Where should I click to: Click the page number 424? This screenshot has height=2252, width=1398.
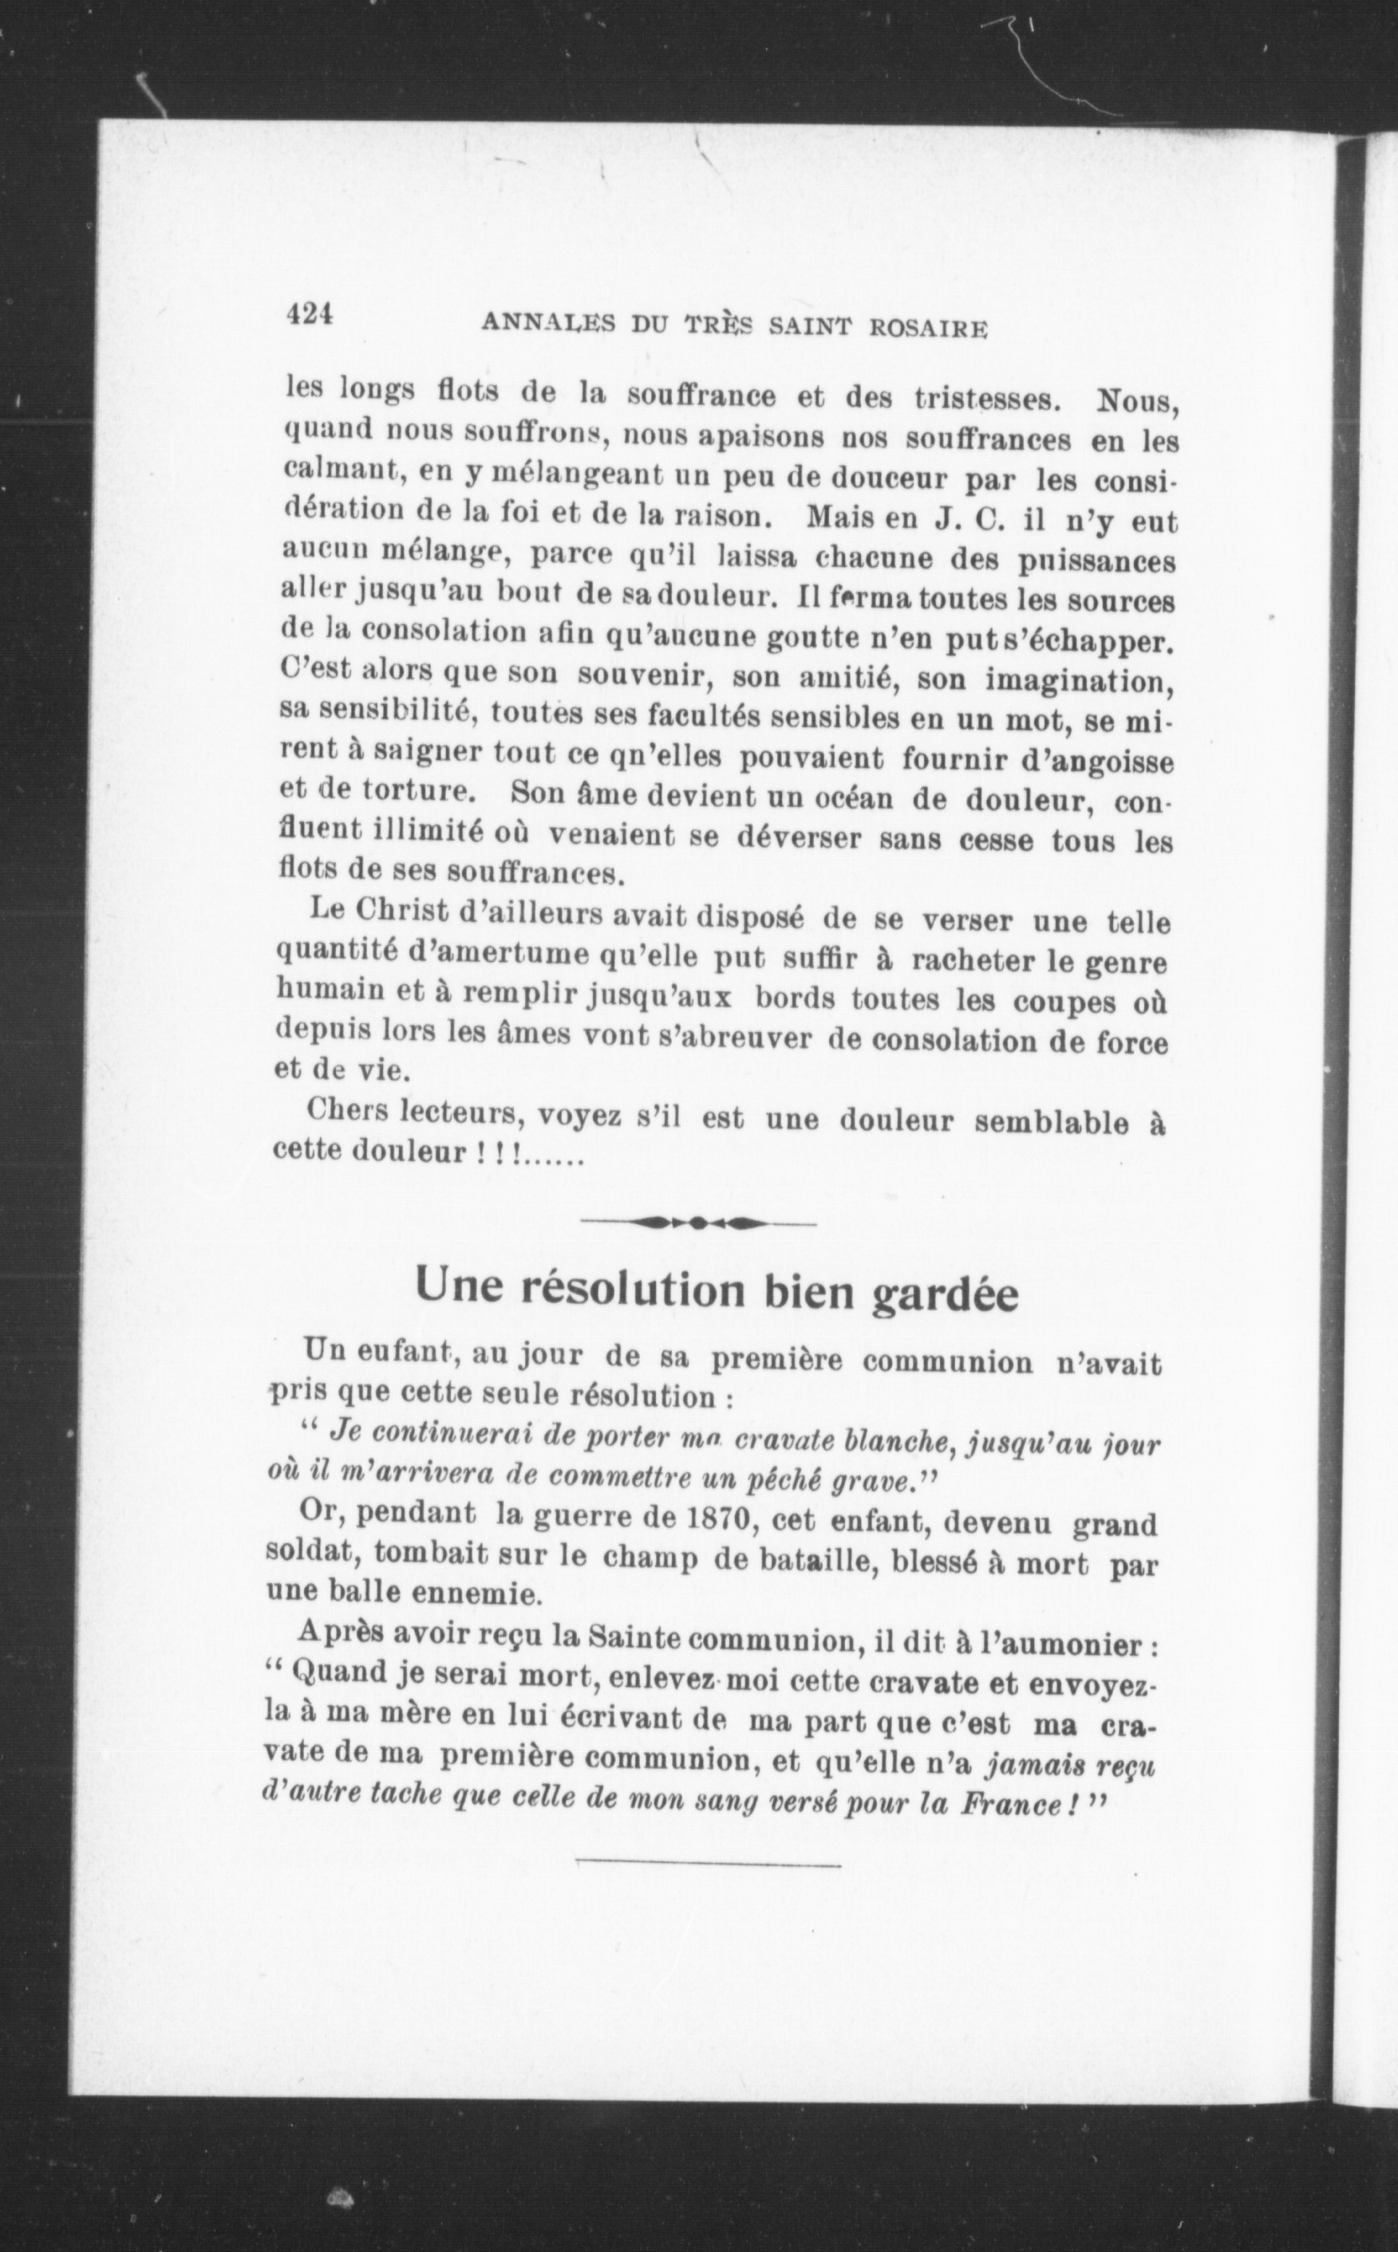click(x=309, y=314)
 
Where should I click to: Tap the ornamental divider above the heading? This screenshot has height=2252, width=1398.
click(x=699, y=1222)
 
